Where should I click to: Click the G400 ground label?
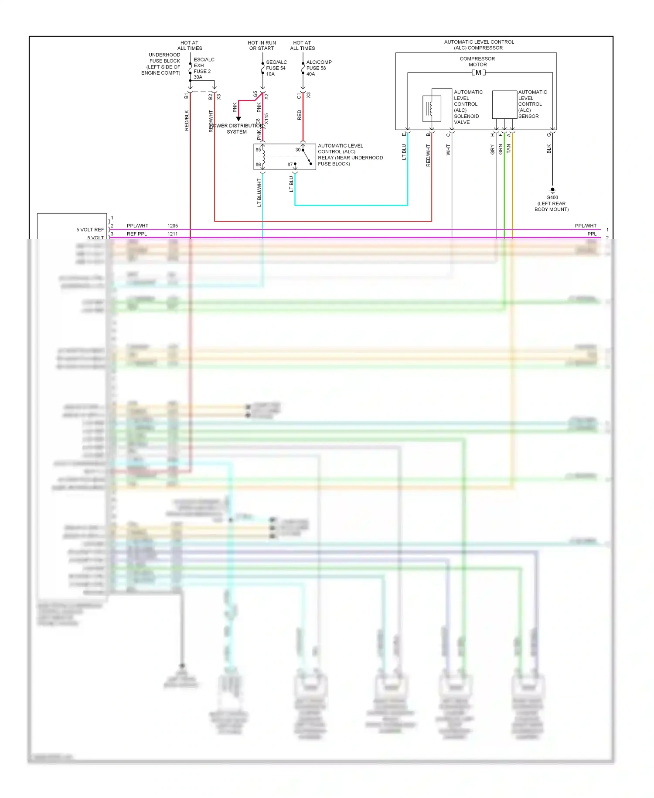552,197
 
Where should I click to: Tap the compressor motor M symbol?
478,72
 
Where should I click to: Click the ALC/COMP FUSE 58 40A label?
318,68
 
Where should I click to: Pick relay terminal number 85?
258,150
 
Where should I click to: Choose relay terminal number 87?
290,165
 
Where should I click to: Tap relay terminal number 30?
298,150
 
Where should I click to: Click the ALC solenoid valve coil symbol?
430,108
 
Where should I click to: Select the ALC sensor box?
504,104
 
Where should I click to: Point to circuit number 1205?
173,226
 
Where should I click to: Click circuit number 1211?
173,234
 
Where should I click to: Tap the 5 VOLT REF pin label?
90,230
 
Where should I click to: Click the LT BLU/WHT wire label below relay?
259,192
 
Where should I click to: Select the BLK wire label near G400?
549,149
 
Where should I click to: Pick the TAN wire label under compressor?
508,149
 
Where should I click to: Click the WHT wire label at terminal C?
448,150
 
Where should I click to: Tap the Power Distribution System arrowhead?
238,119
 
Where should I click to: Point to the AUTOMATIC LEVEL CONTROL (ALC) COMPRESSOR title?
479,45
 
